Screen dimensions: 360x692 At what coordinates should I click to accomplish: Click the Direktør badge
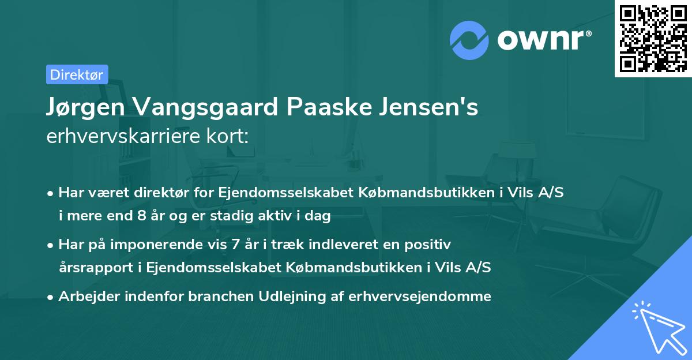point(77,74)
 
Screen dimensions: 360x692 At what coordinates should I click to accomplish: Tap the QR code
point(652,39)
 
